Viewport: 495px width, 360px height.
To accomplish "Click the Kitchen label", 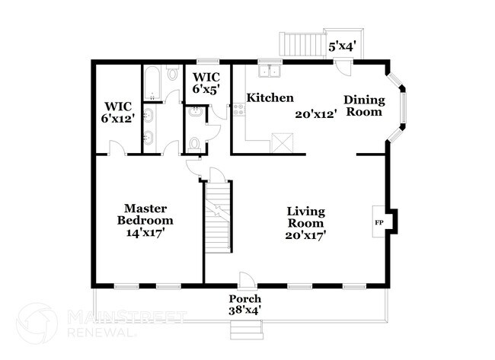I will (270, 98).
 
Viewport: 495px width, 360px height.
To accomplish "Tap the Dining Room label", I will (363, 106).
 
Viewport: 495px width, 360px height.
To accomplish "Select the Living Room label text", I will (305, 217).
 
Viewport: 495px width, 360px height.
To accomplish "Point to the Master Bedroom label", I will (145, 214).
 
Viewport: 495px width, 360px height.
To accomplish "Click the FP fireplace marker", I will (378, 222).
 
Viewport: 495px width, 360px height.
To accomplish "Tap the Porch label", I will (245, 298).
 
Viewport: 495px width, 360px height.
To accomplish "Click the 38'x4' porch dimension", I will (245, 311).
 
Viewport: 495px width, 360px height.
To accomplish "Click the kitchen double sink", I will (268, 72).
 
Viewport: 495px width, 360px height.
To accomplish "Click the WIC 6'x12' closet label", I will (118, 113).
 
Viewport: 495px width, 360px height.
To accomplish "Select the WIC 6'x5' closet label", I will (207, 83).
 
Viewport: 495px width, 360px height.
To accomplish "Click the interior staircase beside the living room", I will (218, 217).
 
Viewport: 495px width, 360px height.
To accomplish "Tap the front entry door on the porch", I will (245, 279).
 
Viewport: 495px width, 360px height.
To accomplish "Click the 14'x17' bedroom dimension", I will (145, 232).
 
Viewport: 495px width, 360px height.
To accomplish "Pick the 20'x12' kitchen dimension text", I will (315, 114).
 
